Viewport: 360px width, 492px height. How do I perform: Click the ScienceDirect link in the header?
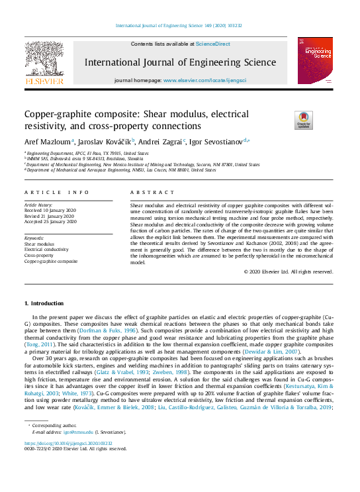213,44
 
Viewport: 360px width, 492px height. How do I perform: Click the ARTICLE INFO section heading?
56,192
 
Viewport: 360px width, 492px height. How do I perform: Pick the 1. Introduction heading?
44,303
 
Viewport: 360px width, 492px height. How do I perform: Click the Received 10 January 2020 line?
52,211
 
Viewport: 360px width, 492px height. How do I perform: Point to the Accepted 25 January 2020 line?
52,221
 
